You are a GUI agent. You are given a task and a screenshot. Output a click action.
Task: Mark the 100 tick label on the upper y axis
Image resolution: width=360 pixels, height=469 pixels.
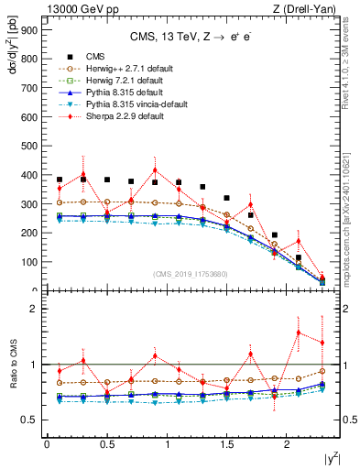29,262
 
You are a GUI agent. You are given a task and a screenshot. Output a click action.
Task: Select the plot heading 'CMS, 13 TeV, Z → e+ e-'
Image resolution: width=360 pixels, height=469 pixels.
191,38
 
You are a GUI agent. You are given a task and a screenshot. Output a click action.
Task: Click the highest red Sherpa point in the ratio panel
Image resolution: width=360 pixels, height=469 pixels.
298,333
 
